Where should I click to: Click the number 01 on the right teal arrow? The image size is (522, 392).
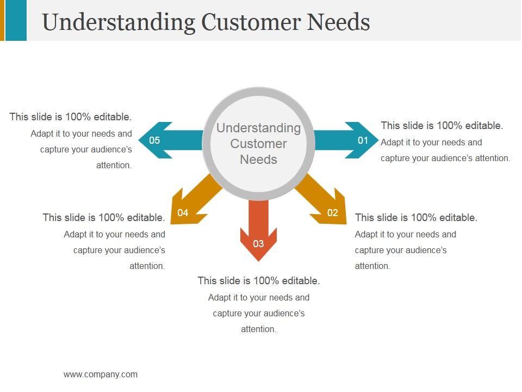pos(363,140)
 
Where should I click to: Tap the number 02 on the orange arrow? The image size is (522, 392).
pos(333,213)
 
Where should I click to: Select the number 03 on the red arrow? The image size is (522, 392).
pos(258,243)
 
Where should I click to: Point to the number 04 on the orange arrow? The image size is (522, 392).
pos(183,213)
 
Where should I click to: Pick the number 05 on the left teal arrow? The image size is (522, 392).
pos(154,140)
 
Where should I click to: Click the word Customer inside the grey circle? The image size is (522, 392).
pos(258,144)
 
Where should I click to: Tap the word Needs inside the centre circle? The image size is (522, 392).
pos(258,160)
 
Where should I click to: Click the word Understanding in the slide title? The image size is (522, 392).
pos(119,22)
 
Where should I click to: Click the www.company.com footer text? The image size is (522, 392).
pos(101,375)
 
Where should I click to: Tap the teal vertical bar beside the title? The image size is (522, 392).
pos(16,20)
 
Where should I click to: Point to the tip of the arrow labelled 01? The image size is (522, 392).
pos(376,140)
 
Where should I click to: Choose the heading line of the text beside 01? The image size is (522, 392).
pos(442,126)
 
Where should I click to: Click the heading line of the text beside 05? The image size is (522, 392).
pos(71,117)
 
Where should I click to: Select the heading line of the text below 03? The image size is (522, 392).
pos(258,281)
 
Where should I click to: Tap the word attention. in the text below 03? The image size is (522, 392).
pos(259,329)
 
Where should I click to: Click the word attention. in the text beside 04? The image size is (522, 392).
pos(147,266)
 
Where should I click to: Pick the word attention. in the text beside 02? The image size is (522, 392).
pos(372,266)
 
